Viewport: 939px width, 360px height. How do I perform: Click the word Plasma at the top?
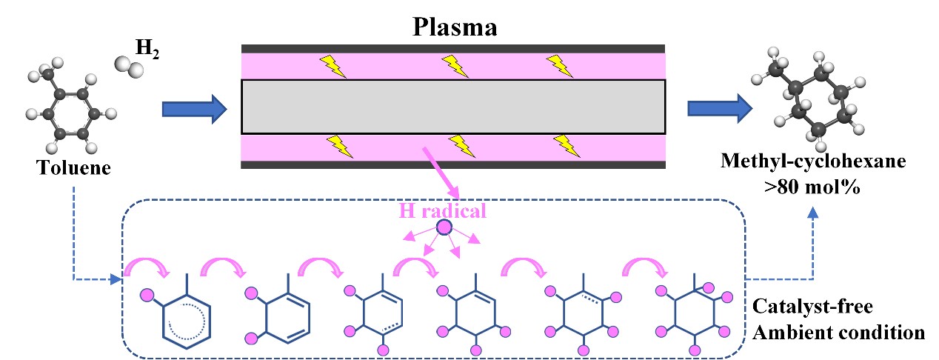(453, 28)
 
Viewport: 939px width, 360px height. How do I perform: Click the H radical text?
(443, 210)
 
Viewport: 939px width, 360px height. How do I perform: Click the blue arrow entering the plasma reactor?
(193, 110)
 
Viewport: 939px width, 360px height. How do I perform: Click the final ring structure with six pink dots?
(695, 314)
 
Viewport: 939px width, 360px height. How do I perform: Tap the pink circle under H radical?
(444, 228)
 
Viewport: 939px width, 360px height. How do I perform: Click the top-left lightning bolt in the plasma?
(333, 66)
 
